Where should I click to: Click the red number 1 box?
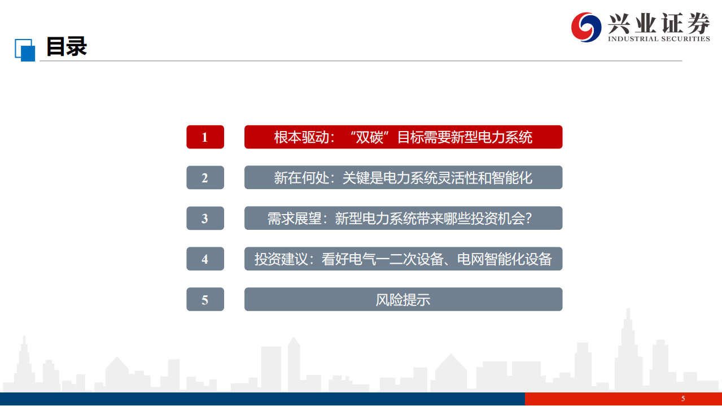(205, 137)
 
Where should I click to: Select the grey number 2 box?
(205, 178)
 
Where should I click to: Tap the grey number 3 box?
(205, 219)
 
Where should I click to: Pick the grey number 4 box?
(205, 259)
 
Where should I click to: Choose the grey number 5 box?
(205, 300)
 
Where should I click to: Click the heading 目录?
(66, 47)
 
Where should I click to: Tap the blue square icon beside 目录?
(25, 50)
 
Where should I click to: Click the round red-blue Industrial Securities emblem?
(586, 26)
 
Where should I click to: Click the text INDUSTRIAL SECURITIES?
(658, 39)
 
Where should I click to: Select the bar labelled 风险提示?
(403, 300)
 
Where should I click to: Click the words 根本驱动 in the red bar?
(301, 137)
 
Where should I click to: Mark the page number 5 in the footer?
(683, 399)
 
